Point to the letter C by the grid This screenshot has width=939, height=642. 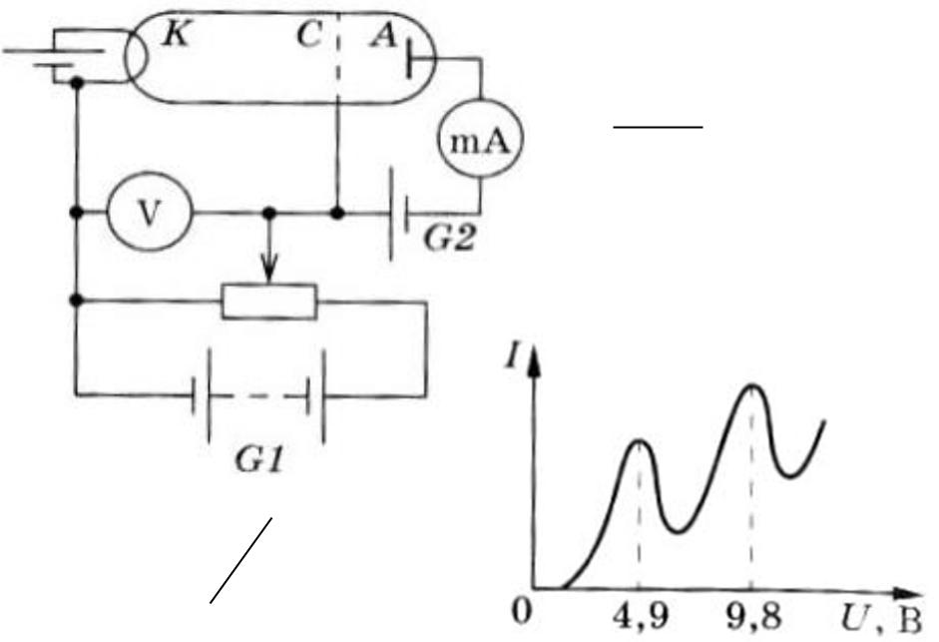(x=309, y=35)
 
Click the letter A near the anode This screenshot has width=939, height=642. (x=384, y=35)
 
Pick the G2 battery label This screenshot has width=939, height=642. (x=450, y=239)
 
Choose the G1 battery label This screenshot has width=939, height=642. (x=258, y=460)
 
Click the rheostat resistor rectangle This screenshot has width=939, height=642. (x=269, y=302)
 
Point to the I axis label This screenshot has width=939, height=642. (x=511, y=357)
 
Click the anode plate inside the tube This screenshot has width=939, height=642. (x=409, y=59)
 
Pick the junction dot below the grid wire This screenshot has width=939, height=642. (x=337, y=213)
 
